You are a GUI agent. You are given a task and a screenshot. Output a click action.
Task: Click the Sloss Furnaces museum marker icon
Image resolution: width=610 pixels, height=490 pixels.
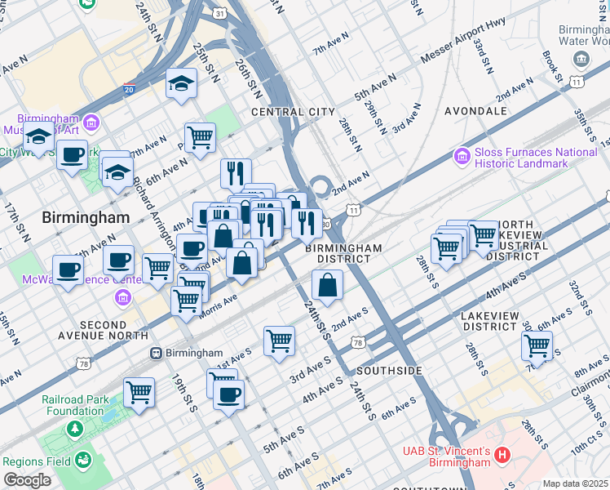(x=462, y=155)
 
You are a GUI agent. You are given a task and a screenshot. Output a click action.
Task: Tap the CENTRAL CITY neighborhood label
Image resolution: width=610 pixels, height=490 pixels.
(x=293, y=111)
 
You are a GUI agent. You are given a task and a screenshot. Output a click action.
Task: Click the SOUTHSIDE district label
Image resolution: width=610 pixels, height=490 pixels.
(x=388, y=371)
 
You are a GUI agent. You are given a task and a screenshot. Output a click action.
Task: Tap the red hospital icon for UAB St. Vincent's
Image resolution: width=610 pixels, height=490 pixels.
(x=502, y=454)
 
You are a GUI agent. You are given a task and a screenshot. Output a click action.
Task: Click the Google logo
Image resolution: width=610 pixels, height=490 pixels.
(x=27, y=480)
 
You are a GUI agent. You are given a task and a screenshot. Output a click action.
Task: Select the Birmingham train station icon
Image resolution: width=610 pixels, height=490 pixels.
(x=155, y=353)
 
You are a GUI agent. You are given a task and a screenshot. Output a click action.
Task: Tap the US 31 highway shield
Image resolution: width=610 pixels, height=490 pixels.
(x=219, y=14)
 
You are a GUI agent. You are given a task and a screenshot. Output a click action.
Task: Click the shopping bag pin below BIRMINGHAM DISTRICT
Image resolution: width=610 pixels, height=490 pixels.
(x=327, y=286)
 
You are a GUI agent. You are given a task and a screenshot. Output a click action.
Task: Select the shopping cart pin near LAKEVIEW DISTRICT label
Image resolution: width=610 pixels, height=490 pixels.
(x=537, y=345)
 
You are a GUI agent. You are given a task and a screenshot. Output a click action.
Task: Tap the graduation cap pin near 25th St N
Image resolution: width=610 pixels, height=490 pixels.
(x=181, y=83)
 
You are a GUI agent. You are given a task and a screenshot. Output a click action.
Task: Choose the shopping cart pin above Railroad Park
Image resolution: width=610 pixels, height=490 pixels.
(x=139, y=392)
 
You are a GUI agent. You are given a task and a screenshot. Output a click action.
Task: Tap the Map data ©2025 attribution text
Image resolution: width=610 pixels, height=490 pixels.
(x=576, y=483)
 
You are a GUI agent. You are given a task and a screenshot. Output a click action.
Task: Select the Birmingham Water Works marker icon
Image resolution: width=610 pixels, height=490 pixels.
(x=581, y=59)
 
